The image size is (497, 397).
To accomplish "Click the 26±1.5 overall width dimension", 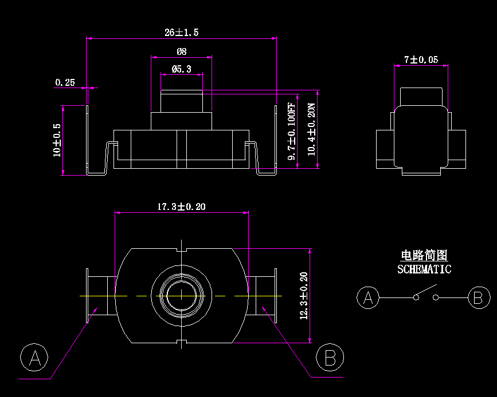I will click(181, 33).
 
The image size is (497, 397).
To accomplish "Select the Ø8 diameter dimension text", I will click(181, 51).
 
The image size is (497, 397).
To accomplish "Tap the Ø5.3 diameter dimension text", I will click(181, 69).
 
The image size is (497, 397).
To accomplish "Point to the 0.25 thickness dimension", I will click(65, 82).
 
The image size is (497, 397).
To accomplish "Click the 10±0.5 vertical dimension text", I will click(57, 140).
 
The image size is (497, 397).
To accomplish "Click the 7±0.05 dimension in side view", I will click(421, 59).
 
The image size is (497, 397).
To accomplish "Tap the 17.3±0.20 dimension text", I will click(181, 207).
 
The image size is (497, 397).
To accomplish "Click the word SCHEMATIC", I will click(424, 269).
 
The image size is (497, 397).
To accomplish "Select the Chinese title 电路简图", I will click(424, 256).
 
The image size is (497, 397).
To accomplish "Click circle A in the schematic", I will click(368, 298).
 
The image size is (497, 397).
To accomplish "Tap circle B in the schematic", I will click(478, 298).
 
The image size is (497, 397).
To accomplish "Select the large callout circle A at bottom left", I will click(34, 358).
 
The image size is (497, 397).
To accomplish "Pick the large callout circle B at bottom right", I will click(330, 358).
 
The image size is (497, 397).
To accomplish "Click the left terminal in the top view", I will click(99, 295).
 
